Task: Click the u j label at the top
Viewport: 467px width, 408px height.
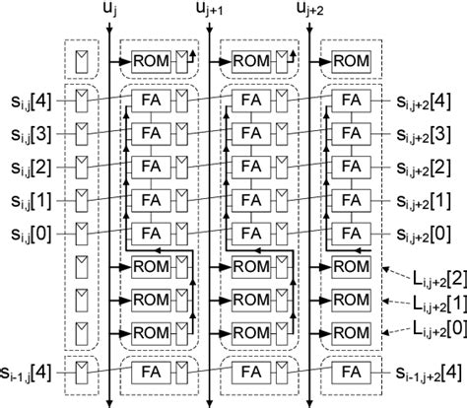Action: point(108,11)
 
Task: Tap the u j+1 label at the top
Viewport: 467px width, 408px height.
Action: point(210,11)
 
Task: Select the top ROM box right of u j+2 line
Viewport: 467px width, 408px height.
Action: point(347,61)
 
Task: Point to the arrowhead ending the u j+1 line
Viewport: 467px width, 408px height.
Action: point(210,401)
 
